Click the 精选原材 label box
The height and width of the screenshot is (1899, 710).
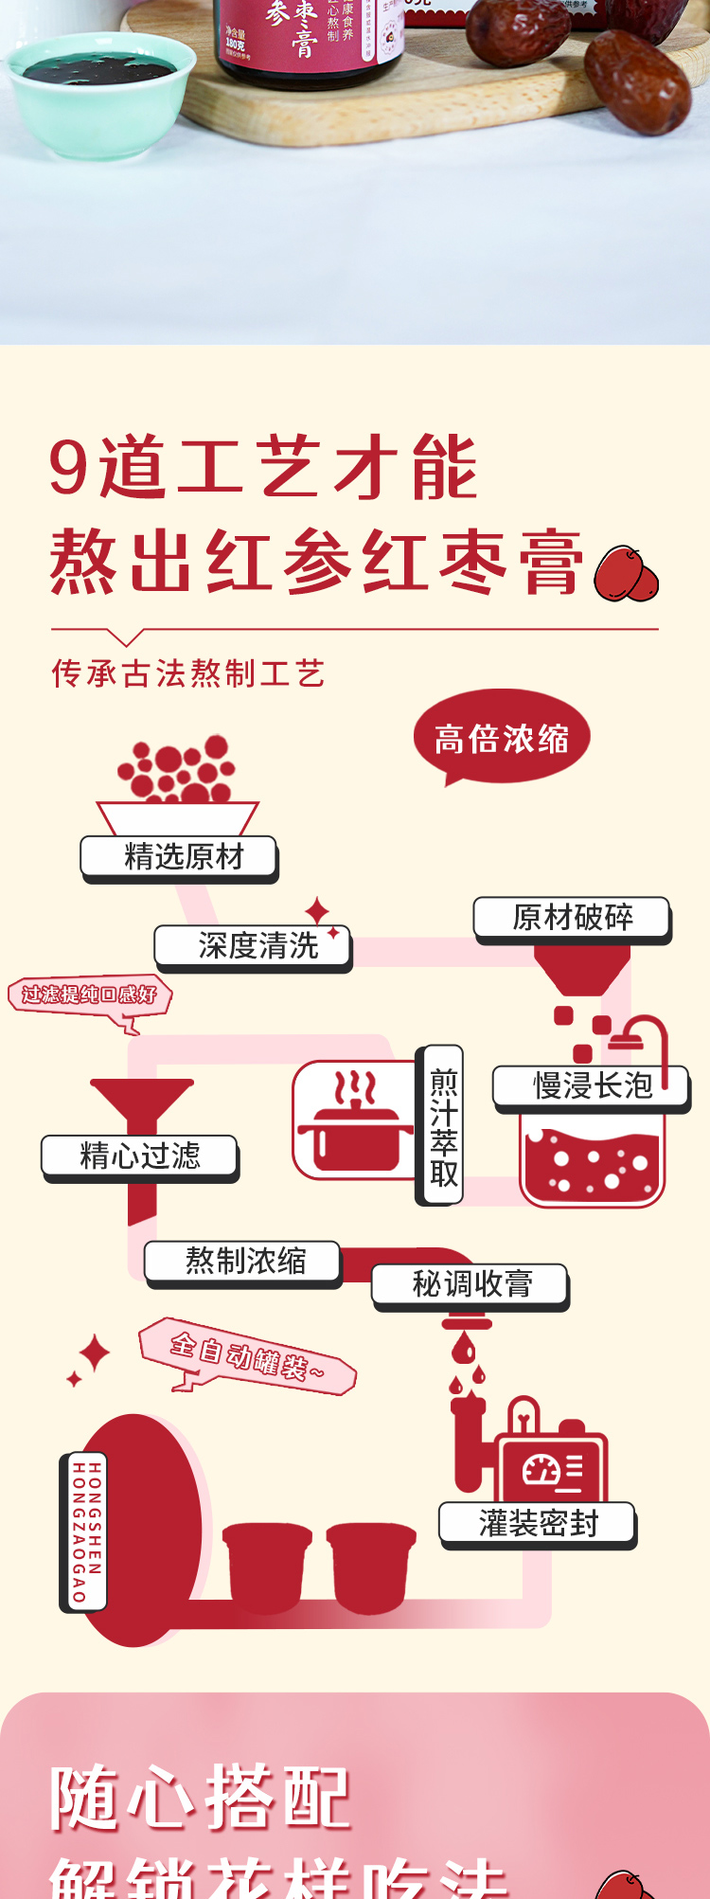click(179, 857)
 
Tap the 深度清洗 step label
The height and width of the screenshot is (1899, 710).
click(253, 946)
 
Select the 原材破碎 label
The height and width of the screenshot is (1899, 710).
click(572, 918)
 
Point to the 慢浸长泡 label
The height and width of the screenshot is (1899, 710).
click(591, 1085)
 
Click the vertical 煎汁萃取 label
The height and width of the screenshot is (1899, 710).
click(443, 1125)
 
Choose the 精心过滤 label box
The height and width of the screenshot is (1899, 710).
click(139, 1156)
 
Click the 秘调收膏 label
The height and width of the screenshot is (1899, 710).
click(470, 1285)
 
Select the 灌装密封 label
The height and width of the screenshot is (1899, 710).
click(538, 1524)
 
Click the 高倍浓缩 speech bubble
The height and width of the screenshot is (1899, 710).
click(502, 738)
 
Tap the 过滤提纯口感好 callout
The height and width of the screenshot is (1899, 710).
click(90, 995)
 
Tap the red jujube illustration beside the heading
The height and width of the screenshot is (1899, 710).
click(626, 575)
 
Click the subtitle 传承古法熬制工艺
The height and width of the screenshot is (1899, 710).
click(188, 673)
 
